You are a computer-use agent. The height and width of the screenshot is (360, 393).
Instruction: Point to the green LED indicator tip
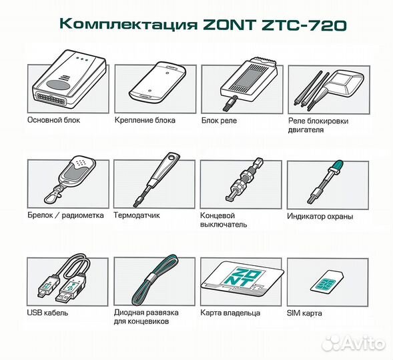coord(336,166)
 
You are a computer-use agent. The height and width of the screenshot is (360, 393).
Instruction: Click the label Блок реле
coord(219,121)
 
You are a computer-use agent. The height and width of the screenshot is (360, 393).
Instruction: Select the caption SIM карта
coord(305,312)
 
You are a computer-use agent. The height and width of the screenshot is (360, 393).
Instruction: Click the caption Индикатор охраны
coord(320,216)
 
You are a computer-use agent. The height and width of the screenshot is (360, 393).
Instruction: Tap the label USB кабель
coord(48,312)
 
